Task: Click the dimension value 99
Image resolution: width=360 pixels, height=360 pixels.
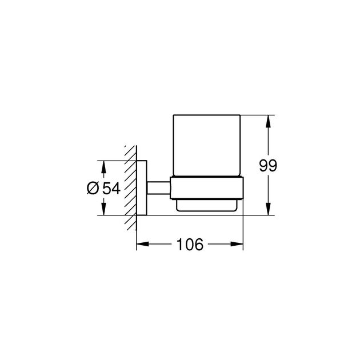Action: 268,165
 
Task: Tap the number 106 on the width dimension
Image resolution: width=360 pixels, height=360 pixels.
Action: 190,245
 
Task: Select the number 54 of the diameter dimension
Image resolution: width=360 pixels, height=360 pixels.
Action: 111,189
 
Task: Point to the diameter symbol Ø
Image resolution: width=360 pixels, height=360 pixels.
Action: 93,188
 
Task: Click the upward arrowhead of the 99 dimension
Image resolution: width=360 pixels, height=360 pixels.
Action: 268,121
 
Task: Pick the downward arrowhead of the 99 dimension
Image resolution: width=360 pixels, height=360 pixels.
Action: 268,209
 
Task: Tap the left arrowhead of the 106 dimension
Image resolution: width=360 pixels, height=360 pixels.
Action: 143,244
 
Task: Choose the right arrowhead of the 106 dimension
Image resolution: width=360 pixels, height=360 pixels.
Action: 237,244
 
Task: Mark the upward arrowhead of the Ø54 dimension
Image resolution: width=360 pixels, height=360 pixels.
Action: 104,167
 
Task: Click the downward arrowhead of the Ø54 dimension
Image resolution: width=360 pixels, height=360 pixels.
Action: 104,209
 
